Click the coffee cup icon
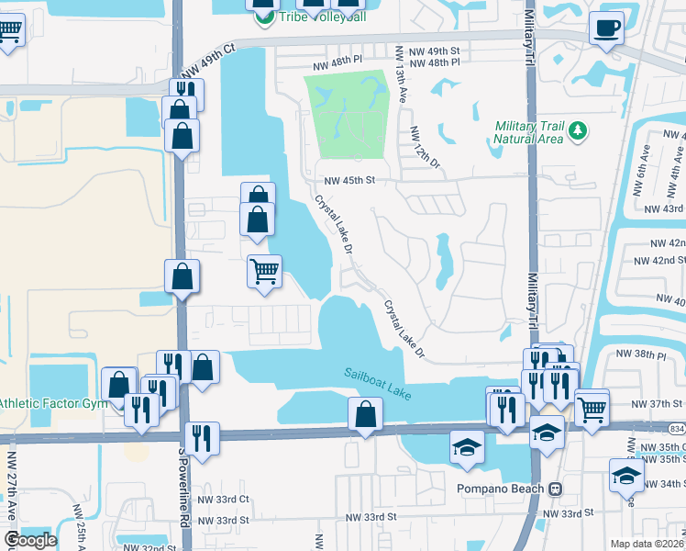coord(605,28)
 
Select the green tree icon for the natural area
coord(578,132)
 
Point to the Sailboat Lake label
coord(378,384)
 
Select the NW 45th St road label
coord(346,180)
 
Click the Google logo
coord(29,540)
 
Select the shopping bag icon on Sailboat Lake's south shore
coord(365,415)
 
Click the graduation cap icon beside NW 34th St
coord(626,476)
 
